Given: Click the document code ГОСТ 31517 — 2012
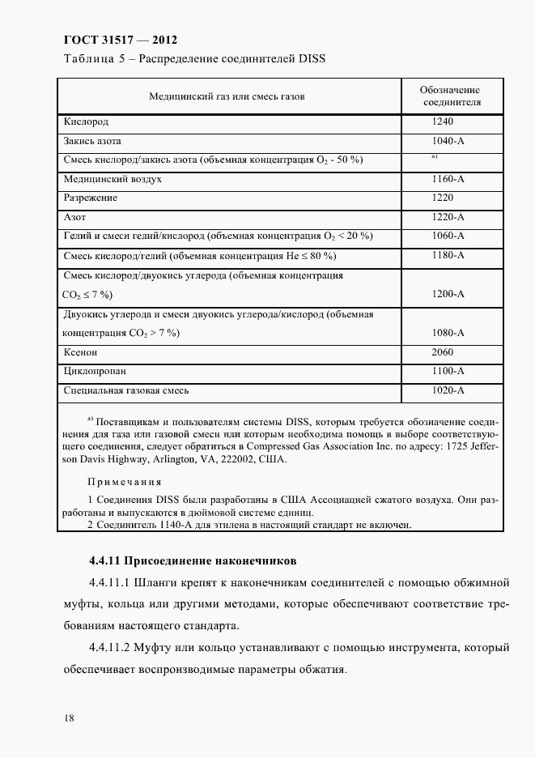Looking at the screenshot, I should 119,40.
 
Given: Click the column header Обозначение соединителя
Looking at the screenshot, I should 450,96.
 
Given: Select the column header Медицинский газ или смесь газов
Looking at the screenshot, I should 227,96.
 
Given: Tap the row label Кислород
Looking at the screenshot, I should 86,121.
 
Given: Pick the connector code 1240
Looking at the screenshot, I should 443,121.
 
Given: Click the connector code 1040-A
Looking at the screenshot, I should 448,141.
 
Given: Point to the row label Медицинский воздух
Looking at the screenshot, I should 113,178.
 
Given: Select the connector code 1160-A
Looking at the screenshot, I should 448,178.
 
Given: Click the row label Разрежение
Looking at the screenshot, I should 91,198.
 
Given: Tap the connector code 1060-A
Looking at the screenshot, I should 448,236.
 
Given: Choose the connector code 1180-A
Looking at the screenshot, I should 448,255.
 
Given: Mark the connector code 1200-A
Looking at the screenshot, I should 448,294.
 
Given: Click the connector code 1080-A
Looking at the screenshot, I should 448,333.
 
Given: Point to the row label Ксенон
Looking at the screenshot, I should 81,352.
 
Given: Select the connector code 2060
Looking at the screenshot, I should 443,352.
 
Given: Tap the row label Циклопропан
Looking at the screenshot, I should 93,371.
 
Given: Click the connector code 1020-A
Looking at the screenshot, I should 448,390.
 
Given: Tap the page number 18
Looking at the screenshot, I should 68,718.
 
